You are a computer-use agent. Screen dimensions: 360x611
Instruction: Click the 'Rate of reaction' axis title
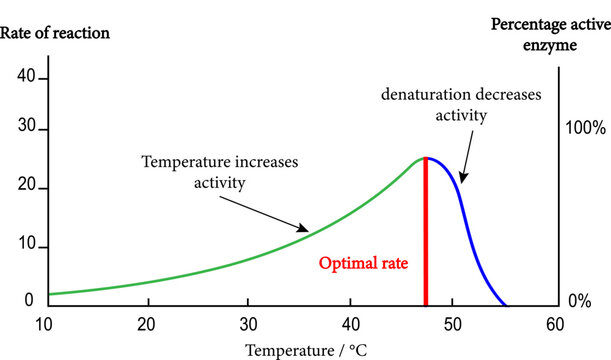[x=55, y=33]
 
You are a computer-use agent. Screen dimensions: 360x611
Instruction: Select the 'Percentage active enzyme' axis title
[x=549, y=32]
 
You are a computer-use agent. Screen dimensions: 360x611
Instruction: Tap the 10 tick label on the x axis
[x=46, y=324]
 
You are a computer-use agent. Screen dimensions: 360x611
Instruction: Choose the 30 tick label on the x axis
[x=249, y=324]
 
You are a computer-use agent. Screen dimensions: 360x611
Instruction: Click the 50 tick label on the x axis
[x=452, y=324]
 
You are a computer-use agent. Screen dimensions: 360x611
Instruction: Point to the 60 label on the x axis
[x=555, y=324]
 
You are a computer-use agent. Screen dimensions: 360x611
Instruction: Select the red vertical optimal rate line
[x=426, y=240]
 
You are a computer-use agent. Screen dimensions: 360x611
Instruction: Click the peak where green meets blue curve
[x=426, y=158]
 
